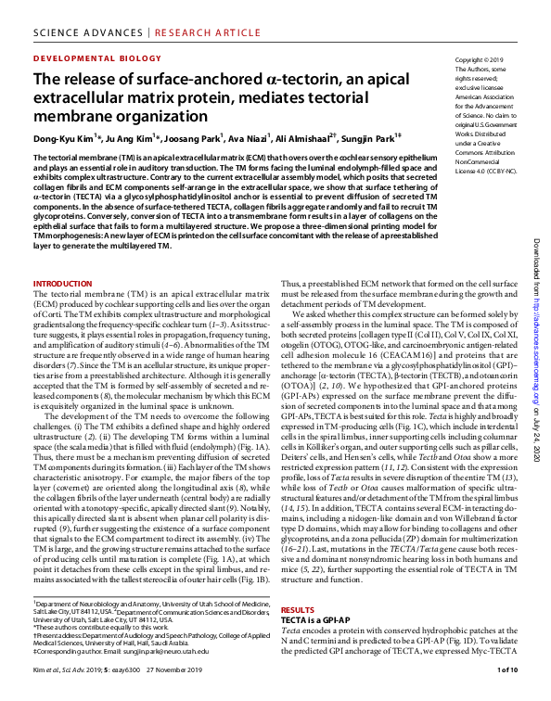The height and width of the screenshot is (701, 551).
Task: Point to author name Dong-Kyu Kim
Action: pyautogui.click(x=62, y=139)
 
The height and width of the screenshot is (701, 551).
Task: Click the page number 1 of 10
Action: pyautogui.click(x=507, y=669)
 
